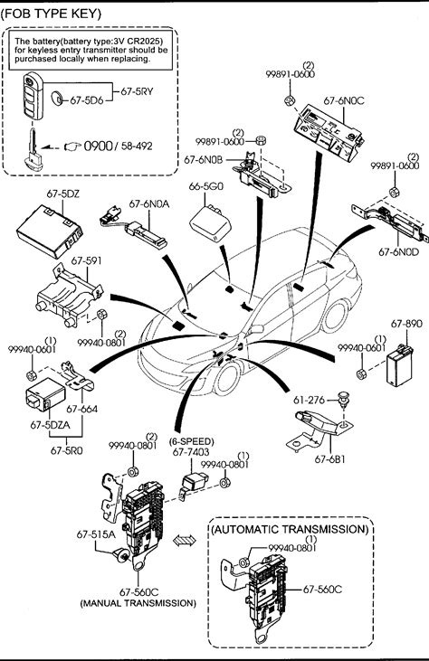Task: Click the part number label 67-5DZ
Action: tap(63, 194)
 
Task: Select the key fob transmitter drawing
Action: tap(33, 96)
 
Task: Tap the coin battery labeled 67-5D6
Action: tap(56, 99)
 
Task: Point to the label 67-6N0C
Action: tap(344, 100)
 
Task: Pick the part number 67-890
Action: tap(405, 324)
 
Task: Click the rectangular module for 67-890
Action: tap(399, 364)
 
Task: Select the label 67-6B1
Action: tap(329, 459)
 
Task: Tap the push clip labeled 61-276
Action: tap(345, 398)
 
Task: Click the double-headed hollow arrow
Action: tap(185, 540)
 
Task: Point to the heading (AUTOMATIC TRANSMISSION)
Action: tap(290, 530)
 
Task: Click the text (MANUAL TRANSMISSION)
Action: tap(138, 603)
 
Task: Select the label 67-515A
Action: tap(96, 534)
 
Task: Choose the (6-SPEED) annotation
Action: tap(192, 442)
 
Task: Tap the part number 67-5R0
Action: tap(67, 450)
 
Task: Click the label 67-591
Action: tap(86, 261)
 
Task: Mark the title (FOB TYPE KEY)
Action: tap(51, 14)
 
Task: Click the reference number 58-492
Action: tap(137, 146)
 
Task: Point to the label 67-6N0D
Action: tap(398, 252)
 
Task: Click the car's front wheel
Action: tap(227, 378)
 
